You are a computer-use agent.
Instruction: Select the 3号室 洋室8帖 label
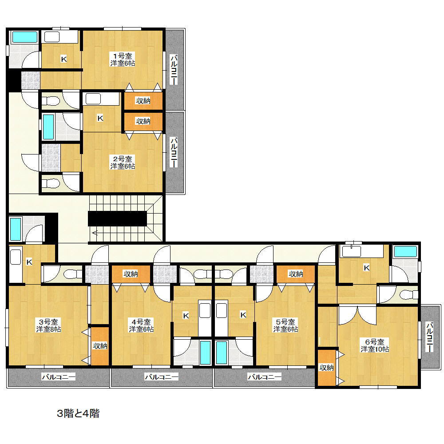coord(49,325)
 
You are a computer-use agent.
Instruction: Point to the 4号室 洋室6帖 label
coord(141,325)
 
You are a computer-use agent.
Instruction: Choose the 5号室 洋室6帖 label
coord(285,325)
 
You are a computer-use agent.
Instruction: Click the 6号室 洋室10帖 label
coord(375,345)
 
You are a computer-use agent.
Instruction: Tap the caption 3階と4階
coord(78,414)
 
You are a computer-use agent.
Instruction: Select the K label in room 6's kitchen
coord(366,267)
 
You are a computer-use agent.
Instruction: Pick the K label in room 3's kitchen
coord(29,262)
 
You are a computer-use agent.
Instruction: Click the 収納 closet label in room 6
coord(326,367)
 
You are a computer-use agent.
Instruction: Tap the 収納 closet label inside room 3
coord(100,346)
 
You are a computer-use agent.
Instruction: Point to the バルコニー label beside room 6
coord(429,338)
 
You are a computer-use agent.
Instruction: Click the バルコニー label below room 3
coord(59,377)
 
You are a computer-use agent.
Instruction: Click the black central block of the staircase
coord(117,218)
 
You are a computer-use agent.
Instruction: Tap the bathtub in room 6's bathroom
coord(405,252)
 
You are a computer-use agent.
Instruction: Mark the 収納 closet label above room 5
coord(296,274)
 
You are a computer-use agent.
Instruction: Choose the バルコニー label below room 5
coord(264,377)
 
